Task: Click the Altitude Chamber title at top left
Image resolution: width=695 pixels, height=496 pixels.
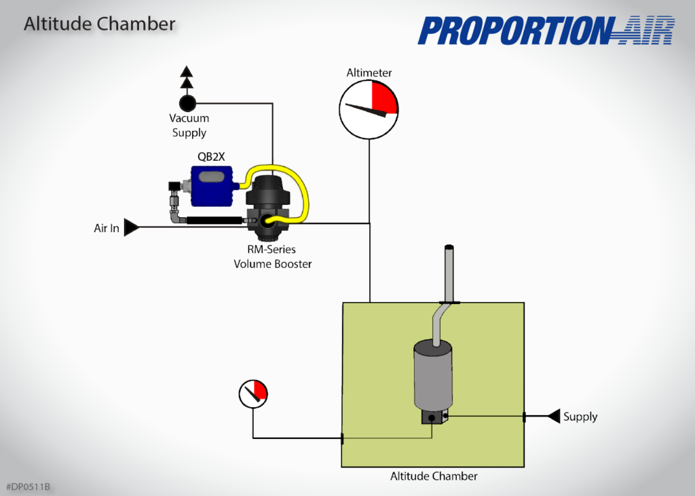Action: pos(99,24)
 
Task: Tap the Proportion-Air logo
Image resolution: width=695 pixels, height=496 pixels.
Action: pos(546,31)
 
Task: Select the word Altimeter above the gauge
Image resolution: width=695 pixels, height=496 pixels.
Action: pos(369,73)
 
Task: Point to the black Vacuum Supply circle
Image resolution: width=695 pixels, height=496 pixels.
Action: pos(187,103)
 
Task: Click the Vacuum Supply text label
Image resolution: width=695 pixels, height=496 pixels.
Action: pos(189,126)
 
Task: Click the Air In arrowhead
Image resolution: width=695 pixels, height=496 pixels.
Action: pos(132,228)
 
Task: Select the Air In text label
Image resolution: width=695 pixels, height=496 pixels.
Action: pos(106,229)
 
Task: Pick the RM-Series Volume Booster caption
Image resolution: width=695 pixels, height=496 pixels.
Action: pos(272,257)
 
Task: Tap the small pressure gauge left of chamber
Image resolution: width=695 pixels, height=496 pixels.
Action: pos(253,394)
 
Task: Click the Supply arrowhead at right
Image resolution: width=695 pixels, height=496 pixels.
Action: pos(553,416)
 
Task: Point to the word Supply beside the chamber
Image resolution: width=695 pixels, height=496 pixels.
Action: pos(580,417)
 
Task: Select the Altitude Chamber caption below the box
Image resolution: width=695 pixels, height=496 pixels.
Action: pos(434,476)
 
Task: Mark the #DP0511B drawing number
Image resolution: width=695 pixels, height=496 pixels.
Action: pos(29,487)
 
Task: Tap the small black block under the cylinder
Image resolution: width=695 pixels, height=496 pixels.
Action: pos(433,418)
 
